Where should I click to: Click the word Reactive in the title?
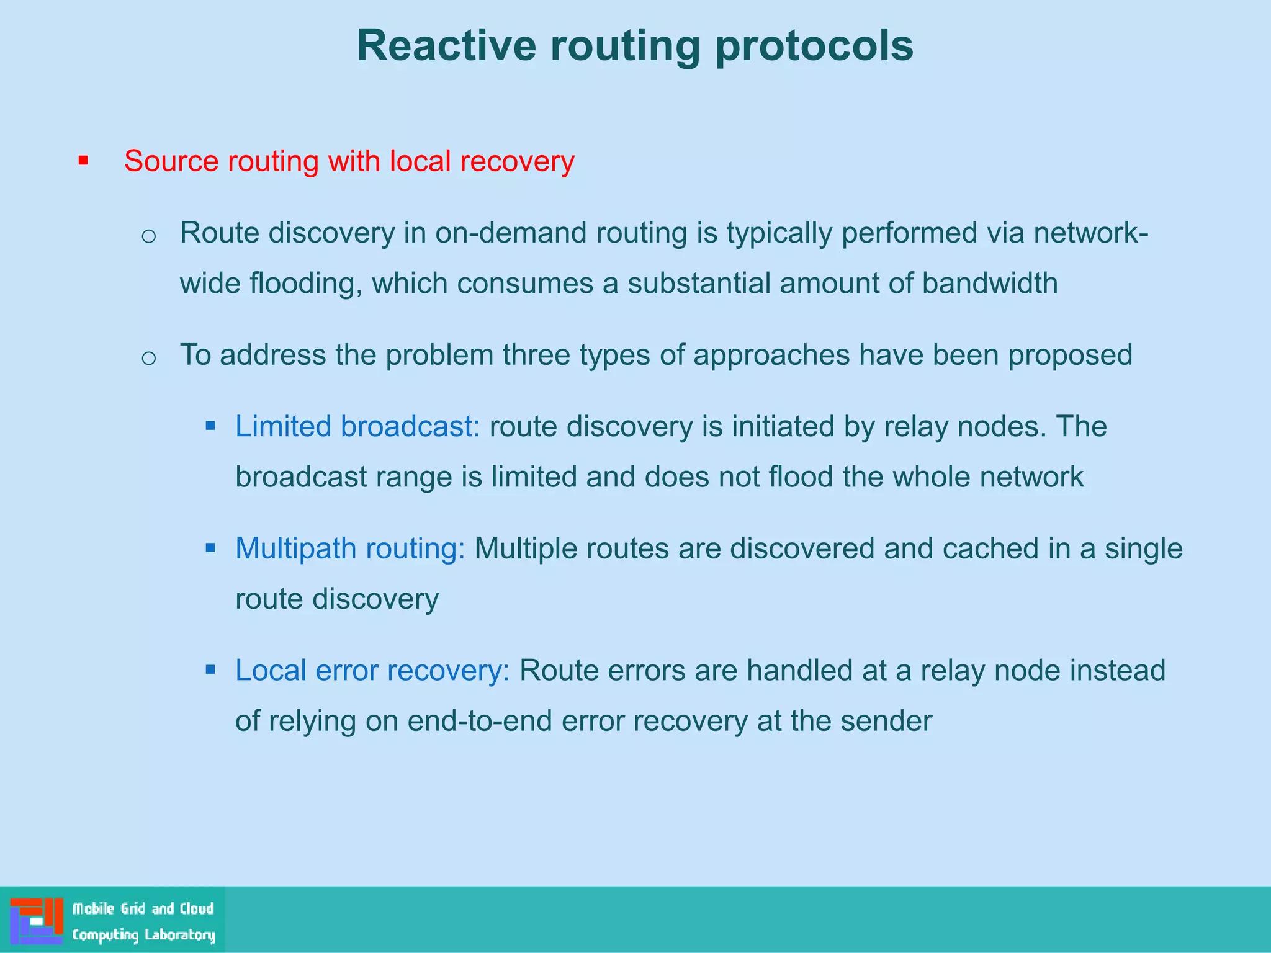tap(446, 45)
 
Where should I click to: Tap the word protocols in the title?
tap(814, 45)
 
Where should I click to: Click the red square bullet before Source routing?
tap(83, 161)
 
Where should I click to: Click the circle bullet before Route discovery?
tap(148, 236)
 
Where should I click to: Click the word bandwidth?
tap(989, 283)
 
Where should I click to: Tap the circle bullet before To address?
tap(148, 357)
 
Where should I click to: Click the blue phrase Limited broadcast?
tap(357, 427)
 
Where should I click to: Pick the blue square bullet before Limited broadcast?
tap(210, 426)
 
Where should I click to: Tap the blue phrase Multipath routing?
tap(350, 548)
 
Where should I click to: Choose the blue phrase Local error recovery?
tap(372, 671)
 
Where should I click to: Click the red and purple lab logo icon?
tap(37, 920)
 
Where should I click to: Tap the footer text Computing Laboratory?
tap(143, 934)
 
